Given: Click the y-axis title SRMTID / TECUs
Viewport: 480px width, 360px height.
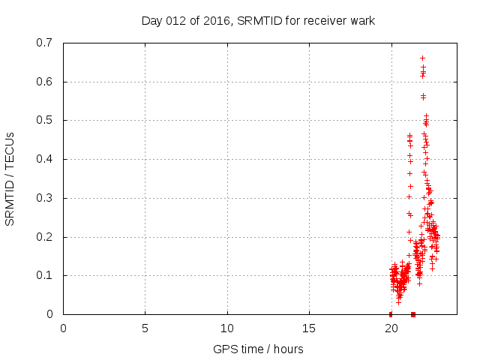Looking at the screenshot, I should [x=10, y=178].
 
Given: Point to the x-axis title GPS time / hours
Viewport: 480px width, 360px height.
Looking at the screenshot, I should [x=258, y=349].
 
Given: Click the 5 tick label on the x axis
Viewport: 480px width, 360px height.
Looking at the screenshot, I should [x=145, y=328].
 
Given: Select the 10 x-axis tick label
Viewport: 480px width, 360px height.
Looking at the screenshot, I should [x=226, y=328].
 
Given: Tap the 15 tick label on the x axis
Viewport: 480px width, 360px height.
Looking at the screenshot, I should [x=308, y=328].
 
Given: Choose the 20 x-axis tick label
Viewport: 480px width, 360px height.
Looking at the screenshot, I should [x=391, y=328].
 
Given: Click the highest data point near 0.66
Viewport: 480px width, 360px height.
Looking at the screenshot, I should [x=422, y=58].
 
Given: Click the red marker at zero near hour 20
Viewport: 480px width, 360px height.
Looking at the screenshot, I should [x=391, y=314].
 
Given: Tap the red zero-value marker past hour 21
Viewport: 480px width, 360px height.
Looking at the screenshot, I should [x=413, y=314].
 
